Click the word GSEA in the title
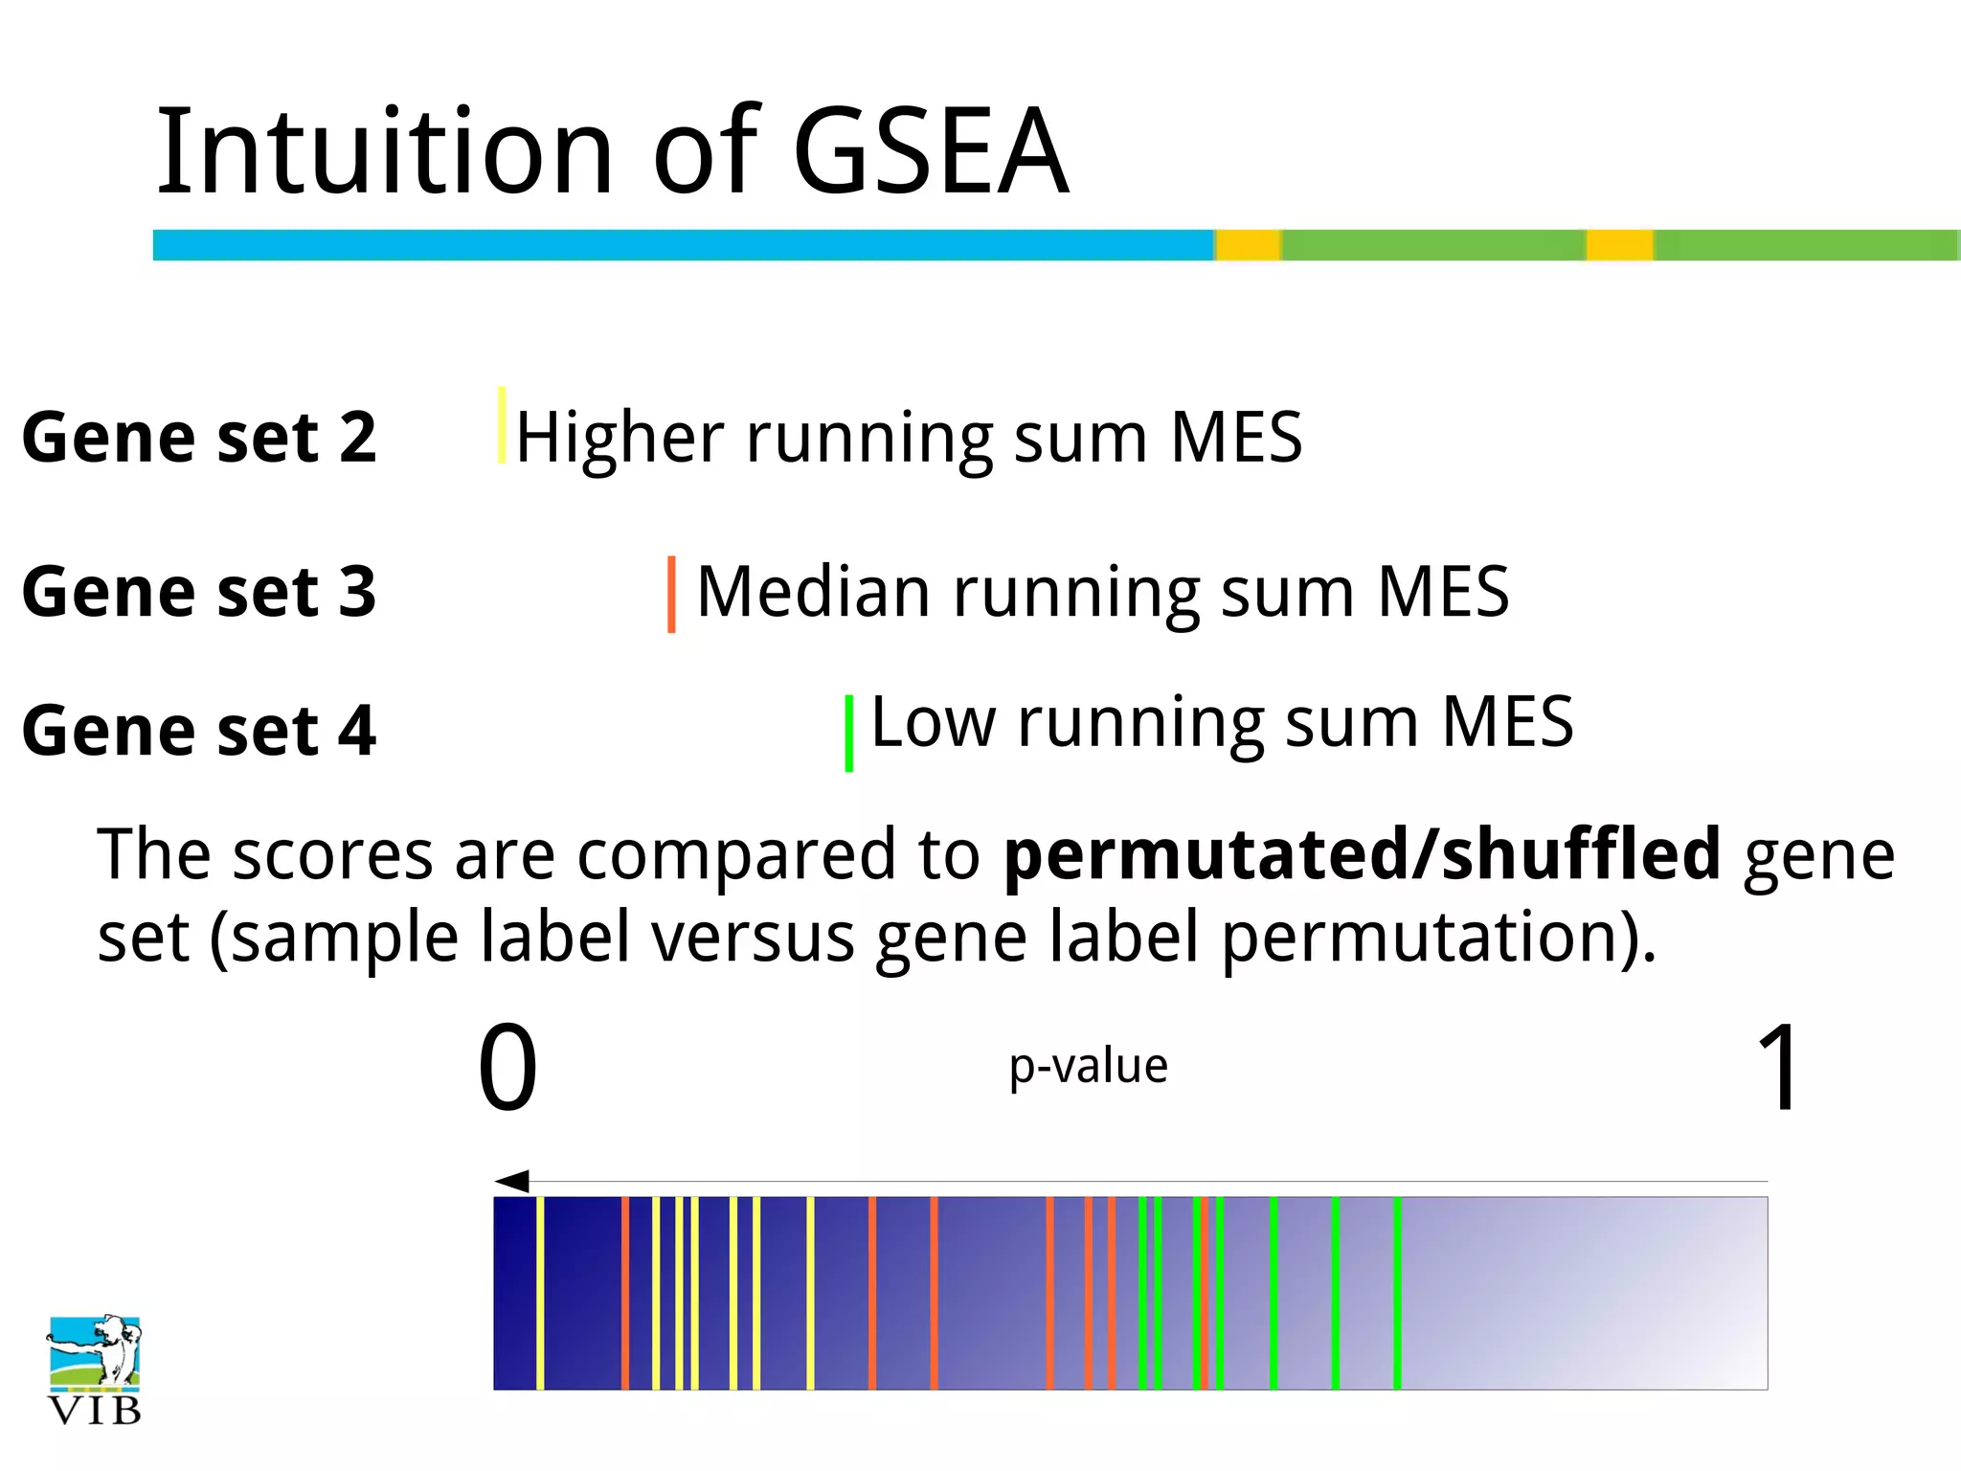click(x=931, y=151)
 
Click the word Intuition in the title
click(x=383, y=151)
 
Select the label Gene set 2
click(x=199, y=437)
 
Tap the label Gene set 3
click(x=199, y=591)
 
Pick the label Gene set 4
click(x=199, y=731)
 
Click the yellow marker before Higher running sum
click(x=502, y=425)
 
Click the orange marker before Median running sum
click(x=671, y=594)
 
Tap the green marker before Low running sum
click(x=848, y=733)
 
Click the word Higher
click(x=619, y=437)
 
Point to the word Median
click(x=813, y=591)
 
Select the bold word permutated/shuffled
click(x=1362, y=853)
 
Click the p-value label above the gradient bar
click(x=1089, y=1066)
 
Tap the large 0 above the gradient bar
click(x=507, y=1066)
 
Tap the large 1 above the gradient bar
click(x=1779, y=1066)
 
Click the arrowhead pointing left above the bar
click(x=512, y=1181)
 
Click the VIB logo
click(x=94, y=1369)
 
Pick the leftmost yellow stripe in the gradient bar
click(x=540, y=1293)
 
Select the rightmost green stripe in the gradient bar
click(x=1397, y=1293)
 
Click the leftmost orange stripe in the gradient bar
click(x=624, y=1293)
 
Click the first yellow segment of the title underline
click(x=1248, y=245)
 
